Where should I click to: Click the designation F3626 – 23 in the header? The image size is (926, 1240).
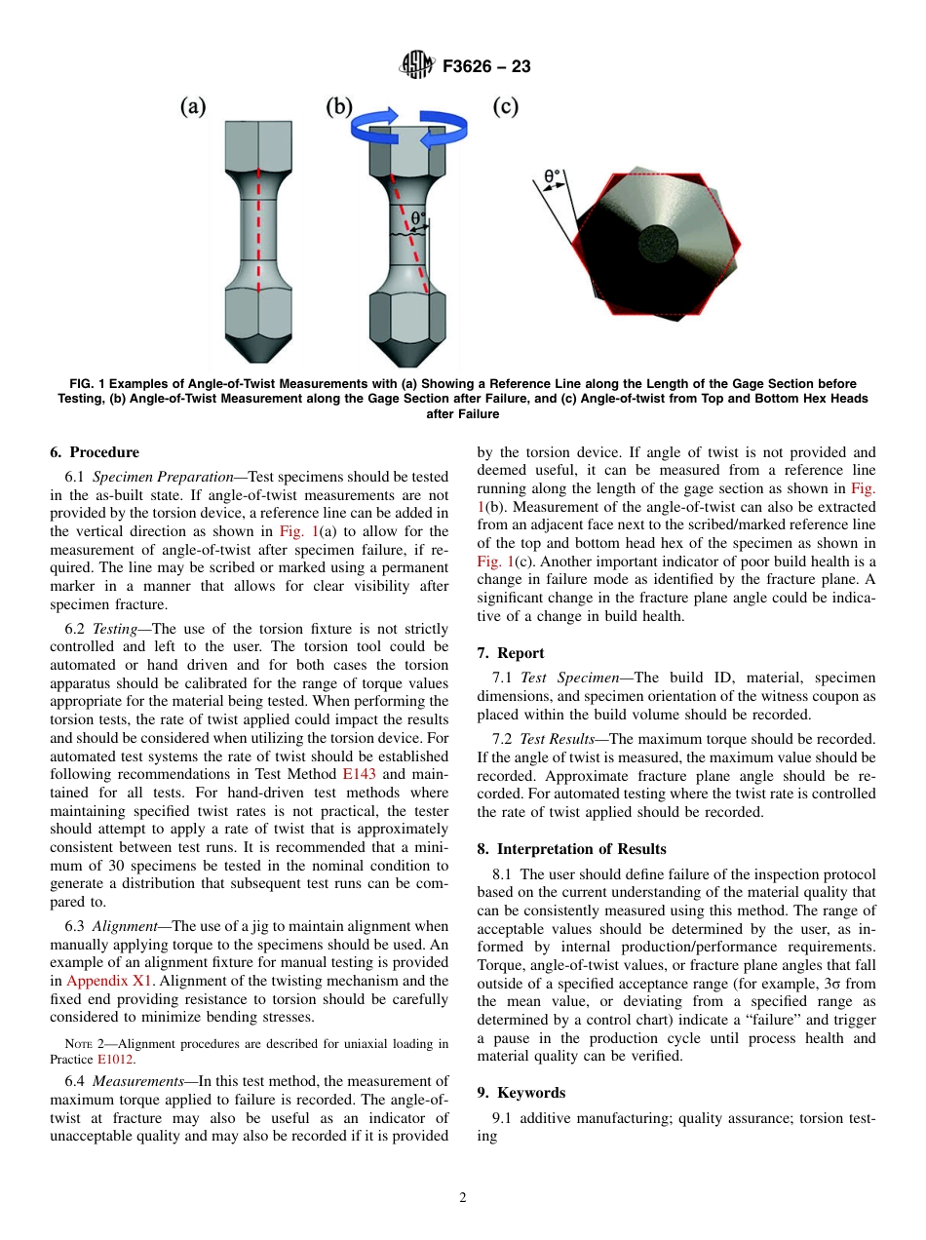[485, 67]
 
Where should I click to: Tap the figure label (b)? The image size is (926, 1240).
[338, 106]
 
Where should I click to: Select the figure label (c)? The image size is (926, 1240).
[505, 106]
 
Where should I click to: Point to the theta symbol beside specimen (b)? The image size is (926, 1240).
[417, 219]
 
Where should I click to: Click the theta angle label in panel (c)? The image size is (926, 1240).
[553, 178]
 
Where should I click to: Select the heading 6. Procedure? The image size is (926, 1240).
[95, 452]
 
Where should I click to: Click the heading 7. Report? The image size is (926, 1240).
[511, 653]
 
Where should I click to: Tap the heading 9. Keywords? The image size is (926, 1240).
[521, 1093]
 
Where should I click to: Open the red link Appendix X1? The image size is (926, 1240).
[99, 981]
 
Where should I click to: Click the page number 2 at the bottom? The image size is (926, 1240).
[463, 1198]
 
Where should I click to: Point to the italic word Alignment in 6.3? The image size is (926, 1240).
[132, 926]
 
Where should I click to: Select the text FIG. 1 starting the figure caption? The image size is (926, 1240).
[89, 384]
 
